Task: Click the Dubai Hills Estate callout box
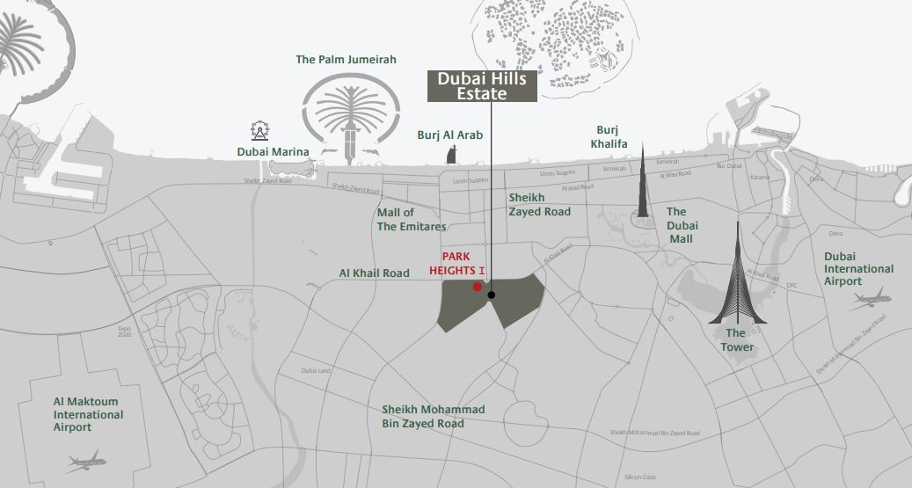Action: tap(482, 86)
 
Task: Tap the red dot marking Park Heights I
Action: tap(477, 287)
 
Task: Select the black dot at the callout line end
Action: tap(491, 295)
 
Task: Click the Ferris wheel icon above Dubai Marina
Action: tap(259, 131)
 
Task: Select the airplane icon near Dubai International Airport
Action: tap(871, 300)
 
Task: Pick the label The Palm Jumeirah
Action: tap(346, 60)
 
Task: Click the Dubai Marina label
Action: tap(273, 152)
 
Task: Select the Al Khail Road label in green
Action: tap(375, 273)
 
